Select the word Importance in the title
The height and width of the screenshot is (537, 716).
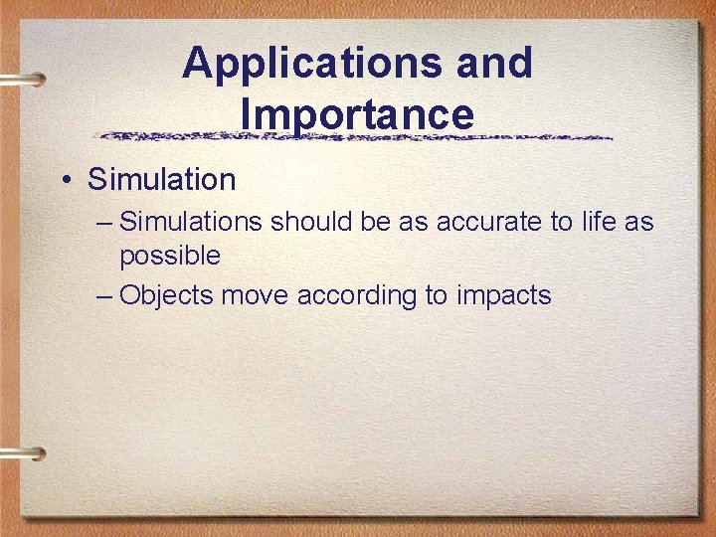pos(357,114)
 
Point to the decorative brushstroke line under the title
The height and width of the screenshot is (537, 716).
pos(358,136)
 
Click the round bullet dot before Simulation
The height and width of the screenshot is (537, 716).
pos(66,181)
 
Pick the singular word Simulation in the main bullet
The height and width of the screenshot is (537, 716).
pos(161,180)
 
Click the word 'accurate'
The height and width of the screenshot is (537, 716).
pos(486,222)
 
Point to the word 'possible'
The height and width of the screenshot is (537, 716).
pos(170,257)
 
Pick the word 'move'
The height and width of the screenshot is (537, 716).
pos(257,295)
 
